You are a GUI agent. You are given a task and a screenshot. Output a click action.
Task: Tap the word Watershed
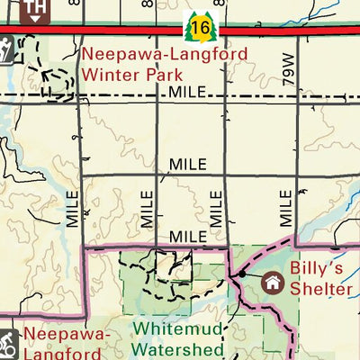click(177, 348)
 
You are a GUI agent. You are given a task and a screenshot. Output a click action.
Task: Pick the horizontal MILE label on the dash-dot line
click(188, 93)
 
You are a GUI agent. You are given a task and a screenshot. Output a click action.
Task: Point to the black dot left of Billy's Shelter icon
click(242, 273)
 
